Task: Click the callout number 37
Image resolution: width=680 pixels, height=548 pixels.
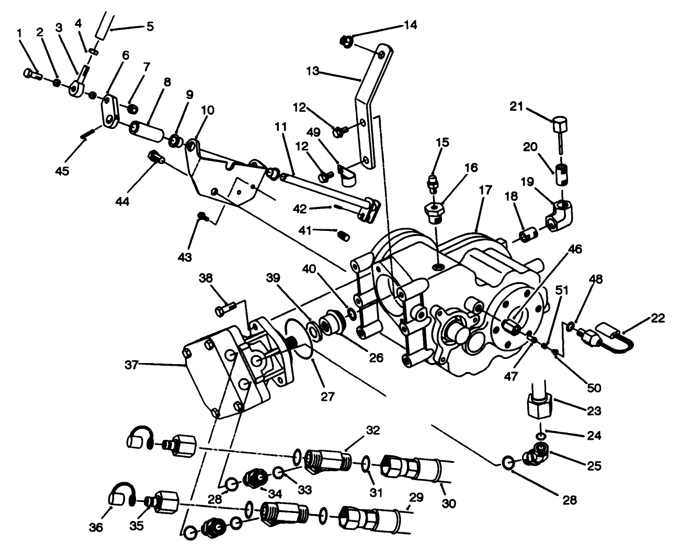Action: click(131, 365)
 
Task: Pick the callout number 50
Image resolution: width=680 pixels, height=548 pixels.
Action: click(594, 388)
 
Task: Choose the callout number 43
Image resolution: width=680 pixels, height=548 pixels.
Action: click(185, 256)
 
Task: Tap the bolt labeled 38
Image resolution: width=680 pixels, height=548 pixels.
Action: click(223, 311)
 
